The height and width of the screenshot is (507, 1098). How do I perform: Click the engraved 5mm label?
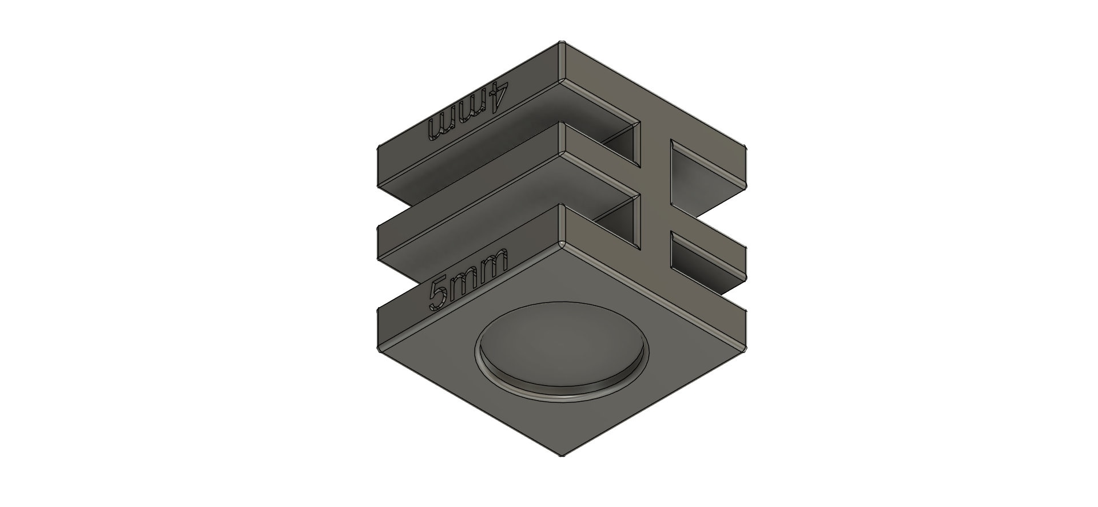tap(468, 279)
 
